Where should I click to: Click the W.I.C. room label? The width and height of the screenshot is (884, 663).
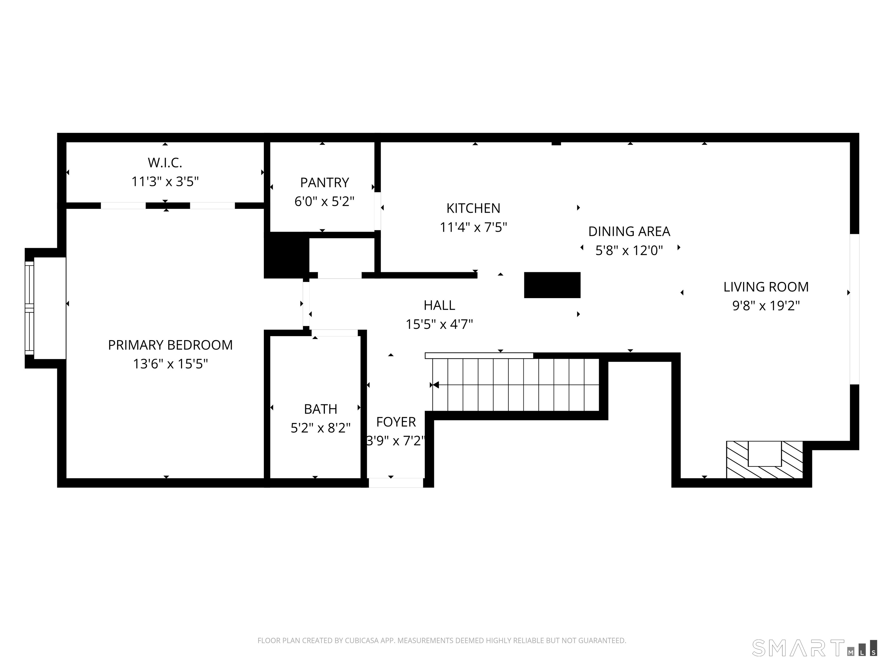point(165,163)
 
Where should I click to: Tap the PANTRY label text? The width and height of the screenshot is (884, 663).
point(325,183)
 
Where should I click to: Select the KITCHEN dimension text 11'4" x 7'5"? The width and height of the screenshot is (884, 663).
point(474,227)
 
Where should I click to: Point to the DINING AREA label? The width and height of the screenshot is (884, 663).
point(629,231)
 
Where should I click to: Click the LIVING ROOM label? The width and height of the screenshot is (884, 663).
point(766,287)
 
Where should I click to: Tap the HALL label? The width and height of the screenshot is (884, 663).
point(439,305)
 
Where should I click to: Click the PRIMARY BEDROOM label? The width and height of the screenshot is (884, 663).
point(170,345)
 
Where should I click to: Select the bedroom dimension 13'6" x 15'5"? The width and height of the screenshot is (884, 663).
point(170,364)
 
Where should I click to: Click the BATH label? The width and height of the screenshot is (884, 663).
point(321,409)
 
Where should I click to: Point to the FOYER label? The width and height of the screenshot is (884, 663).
point(396,422)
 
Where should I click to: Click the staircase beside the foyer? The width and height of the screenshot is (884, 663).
point(516,385)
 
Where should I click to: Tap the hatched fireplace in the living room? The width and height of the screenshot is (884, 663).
point(764,460)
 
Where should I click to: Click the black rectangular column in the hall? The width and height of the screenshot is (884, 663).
point(552,285)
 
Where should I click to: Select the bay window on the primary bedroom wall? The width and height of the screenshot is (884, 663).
point(30,308)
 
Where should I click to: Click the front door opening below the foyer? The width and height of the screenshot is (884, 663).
point(396,483)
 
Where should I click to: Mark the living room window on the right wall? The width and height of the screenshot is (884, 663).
point(854,309)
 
